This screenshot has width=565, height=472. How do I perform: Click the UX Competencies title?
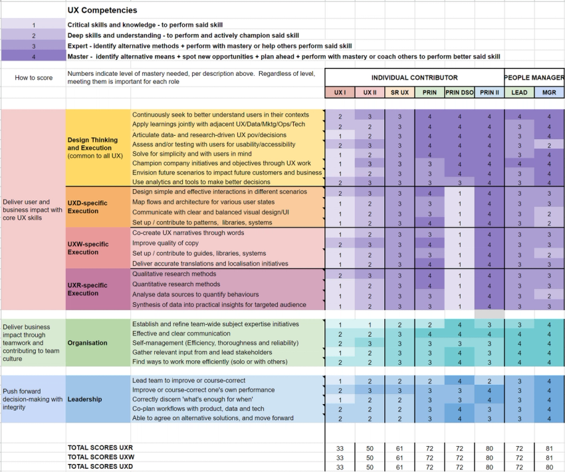[x=102, y=11]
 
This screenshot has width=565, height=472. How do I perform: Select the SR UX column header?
[x=399, y=93]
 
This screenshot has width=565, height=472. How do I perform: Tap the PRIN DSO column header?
[x=459, y=93]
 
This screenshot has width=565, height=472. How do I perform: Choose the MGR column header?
[x=549, y=93]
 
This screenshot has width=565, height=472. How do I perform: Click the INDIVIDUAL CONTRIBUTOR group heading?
[x=414, y=78]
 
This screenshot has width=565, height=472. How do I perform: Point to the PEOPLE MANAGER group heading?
[x=534, y=78]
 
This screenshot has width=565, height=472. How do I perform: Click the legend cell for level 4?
[x=33, y=57]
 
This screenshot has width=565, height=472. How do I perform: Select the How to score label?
[x=33, y=78]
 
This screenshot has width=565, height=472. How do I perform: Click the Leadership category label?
[x=84, y=399]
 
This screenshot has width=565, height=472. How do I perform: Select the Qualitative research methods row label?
[x=173, y=274]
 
